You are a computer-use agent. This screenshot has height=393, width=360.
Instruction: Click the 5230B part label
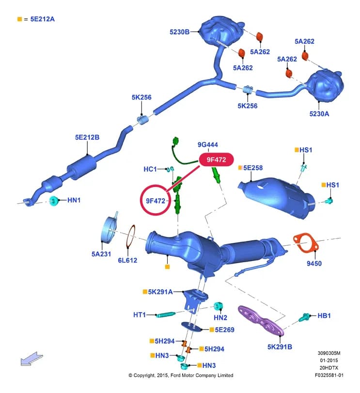(x=179, y=32)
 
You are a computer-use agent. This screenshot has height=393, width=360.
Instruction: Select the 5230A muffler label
(x=319, y=114)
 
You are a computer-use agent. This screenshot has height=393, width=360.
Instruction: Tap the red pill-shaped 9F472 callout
(x=217, y=159)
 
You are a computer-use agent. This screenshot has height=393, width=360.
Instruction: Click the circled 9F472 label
(x=156, y=201)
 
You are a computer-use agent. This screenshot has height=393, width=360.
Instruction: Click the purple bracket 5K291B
(x=261, y=321)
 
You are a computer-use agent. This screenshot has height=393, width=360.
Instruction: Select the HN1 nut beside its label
(x=54, y=201)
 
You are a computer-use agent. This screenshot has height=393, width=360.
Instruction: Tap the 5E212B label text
(x=87, y=137)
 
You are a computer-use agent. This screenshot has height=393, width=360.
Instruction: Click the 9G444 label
(x=208, y=144)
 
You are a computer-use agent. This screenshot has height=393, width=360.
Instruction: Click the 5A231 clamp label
(x=101, y=254)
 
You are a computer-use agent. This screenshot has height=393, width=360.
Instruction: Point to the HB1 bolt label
(x=324, y=315)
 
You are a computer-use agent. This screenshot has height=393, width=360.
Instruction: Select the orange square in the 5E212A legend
(x=19, y=19)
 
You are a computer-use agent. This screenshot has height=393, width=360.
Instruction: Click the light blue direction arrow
(x=32, y=359)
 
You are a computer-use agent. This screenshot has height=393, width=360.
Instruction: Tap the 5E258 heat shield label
(x=253, y=168)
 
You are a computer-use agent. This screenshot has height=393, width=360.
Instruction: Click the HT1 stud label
(x=140, y=314)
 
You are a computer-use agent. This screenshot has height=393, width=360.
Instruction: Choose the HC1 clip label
(x=150, y=169)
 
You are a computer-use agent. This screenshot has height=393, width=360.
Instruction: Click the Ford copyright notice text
(x=181, y=375)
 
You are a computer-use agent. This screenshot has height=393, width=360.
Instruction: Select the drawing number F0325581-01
(x=329, y=375)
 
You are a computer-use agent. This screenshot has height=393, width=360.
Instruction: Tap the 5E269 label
(x=225, y=330)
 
